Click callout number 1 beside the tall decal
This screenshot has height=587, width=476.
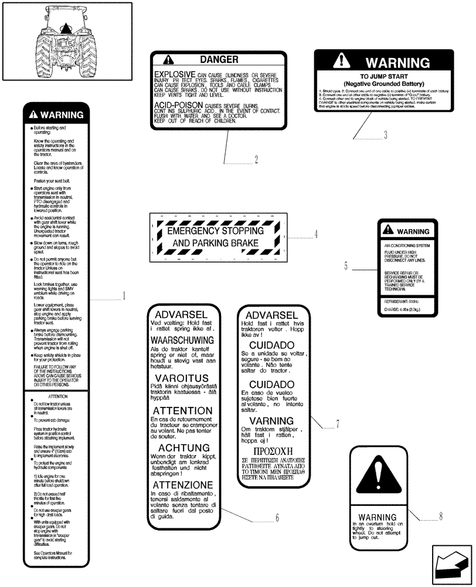click(x=124, y=296)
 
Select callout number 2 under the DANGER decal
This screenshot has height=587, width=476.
click(x=256, y=158)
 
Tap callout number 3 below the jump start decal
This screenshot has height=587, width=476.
click(x=385, y=135)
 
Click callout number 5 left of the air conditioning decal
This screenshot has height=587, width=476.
click(x=346, y=266)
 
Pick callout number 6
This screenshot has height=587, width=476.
click(x=277, y=518)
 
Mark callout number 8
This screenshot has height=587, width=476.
click(x=440, y=517)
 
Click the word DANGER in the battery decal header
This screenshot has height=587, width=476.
click(x=219, y=59)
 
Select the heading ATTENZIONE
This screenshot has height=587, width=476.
click(x=182, y=485)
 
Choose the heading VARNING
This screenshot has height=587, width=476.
click(x=271, y=421)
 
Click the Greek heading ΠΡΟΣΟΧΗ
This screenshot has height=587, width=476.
click(x=271, y=453)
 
